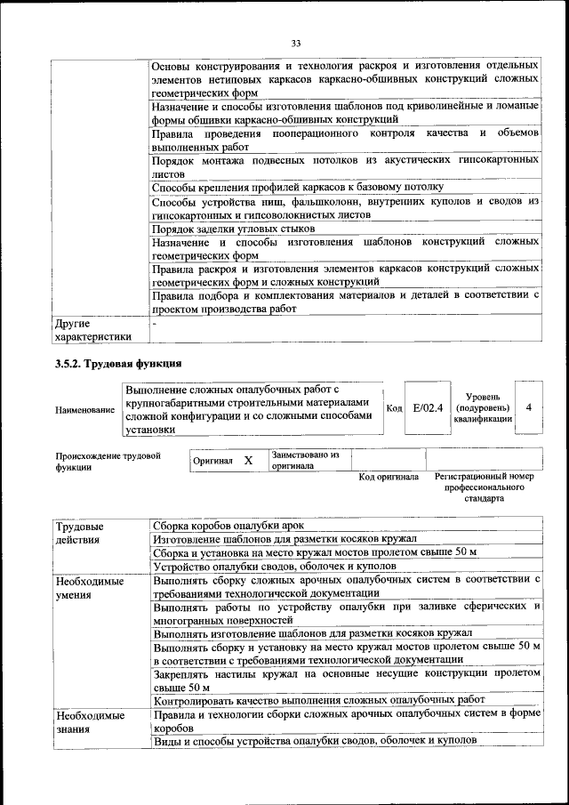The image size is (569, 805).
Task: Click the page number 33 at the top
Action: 296,42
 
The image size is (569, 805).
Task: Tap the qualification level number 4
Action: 529,407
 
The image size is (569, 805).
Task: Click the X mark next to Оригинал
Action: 249,460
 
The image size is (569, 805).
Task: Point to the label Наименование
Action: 84,410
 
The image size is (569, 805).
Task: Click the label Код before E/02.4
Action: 395,408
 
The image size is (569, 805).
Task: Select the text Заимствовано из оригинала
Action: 306,459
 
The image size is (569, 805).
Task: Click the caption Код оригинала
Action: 388,477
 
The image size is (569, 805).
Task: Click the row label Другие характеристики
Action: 92,330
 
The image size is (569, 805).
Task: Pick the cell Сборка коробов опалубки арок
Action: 228,526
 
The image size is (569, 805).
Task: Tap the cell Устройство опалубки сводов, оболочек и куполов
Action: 274,566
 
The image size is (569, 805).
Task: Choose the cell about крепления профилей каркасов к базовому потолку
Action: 297,188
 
